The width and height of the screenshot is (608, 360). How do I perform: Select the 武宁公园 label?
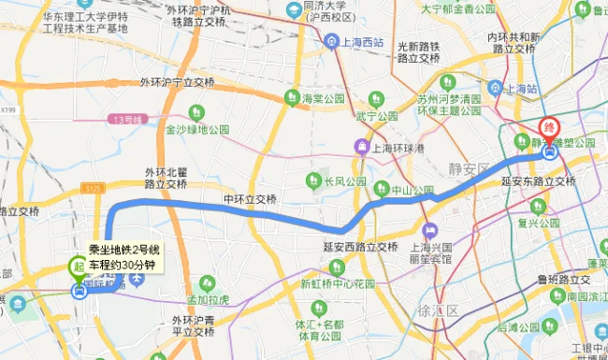376,116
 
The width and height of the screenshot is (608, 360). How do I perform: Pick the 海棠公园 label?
323,97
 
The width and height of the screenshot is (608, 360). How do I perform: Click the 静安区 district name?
468,169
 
